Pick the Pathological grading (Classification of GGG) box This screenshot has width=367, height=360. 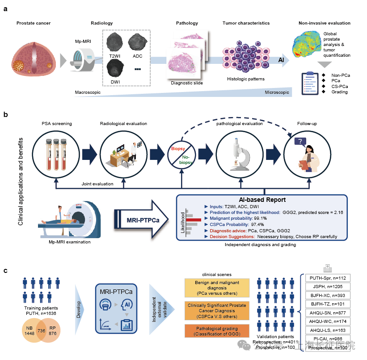click(216, 331)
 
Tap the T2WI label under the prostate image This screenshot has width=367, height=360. click(114, 56)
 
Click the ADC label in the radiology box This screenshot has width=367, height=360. click(138, 56)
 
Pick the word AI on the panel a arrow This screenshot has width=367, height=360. click(281, 60)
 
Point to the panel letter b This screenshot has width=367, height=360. click(6, 115)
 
